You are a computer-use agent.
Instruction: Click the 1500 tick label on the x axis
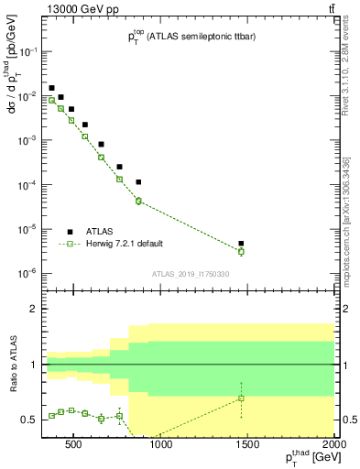247,445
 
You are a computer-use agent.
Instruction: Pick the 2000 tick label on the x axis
333,445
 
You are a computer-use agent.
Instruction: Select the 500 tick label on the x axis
74,445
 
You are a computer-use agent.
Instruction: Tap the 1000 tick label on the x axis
161,445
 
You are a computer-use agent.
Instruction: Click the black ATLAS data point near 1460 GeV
241,244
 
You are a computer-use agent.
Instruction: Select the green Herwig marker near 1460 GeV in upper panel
241,251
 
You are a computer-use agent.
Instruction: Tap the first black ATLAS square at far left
51,88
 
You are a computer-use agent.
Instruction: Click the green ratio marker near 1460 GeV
241,398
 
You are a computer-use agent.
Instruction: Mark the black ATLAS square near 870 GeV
138,182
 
